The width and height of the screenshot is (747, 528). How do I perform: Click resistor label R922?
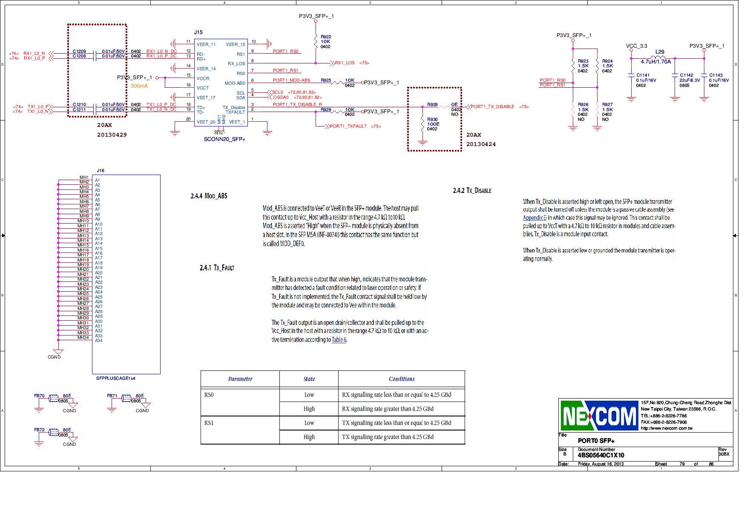(326, 37)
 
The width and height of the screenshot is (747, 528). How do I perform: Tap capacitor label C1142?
(687, 75)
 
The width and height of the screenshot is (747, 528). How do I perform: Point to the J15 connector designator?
(198, 32)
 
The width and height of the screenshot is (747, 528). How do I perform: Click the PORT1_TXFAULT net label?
(348, 126)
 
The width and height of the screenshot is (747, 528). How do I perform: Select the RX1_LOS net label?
(345, 63)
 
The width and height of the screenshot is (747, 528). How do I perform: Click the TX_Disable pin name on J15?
(233, 108)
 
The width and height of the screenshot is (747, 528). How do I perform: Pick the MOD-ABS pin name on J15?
(235, 83)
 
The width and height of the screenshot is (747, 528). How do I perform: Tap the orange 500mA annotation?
(139, 86)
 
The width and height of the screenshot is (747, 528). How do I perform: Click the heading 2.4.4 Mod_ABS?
(209, 196)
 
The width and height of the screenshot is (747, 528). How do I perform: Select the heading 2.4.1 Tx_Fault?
(217, 268)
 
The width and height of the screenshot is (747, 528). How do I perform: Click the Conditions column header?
(401, 379)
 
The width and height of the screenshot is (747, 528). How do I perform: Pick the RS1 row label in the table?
(209, 423)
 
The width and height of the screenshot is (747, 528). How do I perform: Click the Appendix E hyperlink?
(534, 218)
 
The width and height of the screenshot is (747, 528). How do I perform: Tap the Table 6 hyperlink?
(339, 340)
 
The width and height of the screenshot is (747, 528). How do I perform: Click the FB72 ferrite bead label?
(39, 430)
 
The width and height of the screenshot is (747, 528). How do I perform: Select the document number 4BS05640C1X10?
(601, 455)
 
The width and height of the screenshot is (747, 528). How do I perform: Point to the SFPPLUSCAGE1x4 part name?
(115, 378)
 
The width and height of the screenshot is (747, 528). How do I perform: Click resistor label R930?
(432, 120)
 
